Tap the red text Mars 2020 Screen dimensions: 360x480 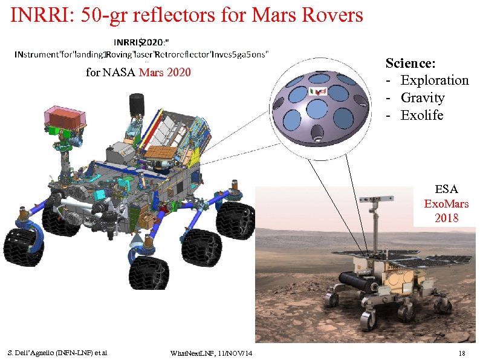tap(164, 73)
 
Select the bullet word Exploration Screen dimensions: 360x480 tap(434, 80)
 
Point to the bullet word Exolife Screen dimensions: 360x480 tap(421, 115)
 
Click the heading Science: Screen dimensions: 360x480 tap(411, 63)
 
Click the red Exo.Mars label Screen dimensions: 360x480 tap(446, 203)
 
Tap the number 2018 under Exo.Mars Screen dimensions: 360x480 tap(446, 217)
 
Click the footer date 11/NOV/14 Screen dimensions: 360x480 tap(232, 352)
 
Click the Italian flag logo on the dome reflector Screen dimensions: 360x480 tap(317, 91)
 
